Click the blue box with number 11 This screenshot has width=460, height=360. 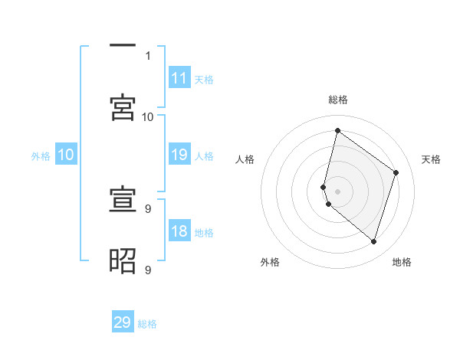(179, 78)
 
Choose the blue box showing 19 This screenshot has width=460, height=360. (179, 155)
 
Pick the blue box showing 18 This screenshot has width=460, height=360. (179, 231)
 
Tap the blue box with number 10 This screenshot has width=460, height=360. (66, 155)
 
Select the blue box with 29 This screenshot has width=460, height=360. (123, 322)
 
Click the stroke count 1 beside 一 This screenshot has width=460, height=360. (148, 56)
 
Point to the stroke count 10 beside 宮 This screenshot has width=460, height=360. (148, 116)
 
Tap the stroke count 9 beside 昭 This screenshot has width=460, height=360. (148, 270)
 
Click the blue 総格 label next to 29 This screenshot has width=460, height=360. (147, 324)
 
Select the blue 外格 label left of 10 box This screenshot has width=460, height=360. (41, 156)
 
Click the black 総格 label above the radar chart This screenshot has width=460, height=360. (338, 100)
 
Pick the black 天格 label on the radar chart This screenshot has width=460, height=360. (432, 159)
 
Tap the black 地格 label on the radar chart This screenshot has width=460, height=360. (402, 262)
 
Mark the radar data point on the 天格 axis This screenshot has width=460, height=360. (396, 172)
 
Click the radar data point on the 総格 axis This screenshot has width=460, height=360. (337, 131)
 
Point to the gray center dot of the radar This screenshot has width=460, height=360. (337, 191)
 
